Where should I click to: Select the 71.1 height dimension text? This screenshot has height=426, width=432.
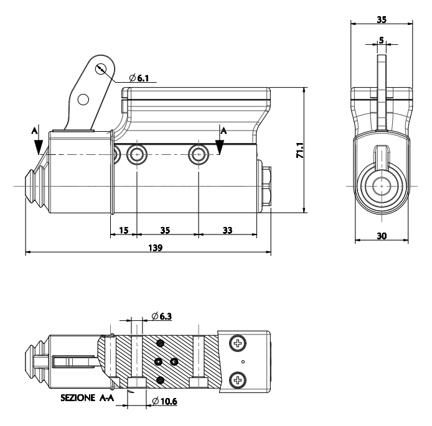tap(299, 150)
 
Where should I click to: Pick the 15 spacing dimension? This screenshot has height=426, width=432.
tap(123, 230)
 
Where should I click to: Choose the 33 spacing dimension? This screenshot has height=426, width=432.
tap(227, 230)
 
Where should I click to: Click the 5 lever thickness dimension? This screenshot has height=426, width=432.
tap(382, 40)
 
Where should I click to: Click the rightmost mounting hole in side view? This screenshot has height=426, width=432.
tap(199, 155)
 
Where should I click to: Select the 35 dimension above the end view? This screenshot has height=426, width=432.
tap(382, 19)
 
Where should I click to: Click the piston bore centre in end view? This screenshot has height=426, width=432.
tap(382, 185)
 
